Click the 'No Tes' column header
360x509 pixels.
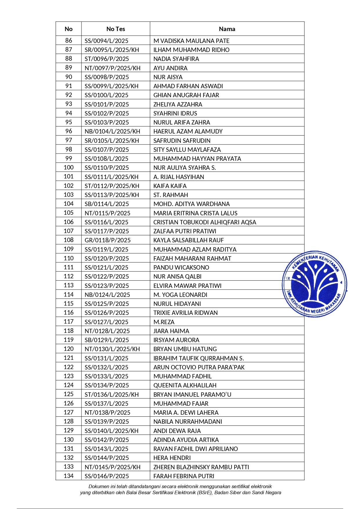pos(115,29)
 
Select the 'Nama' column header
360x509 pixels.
pos(227,29)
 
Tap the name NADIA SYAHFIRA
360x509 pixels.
pos(176,59)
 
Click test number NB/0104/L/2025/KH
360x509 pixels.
pos(112,131)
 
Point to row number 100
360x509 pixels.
pos(68,167)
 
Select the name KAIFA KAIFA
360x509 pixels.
pos(170,186)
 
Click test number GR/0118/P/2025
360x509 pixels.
pos(108,240)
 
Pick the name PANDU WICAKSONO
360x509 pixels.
pos(181,268)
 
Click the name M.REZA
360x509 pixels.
pos(164,322)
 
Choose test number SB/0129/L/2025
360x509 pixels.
pos(106,340)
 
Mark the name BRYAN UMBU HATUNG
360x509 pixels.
pos(185,349)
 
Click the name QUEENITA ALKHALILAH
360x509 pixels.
pos(185,385)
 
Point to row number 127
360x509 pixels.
pos(68,412)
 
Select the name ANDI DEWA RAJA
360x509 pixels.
pos(177,431)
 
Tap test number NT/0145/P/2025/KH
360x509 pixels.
pos(113,467)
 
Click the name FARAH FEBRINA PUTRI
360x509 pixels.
pos(184,476)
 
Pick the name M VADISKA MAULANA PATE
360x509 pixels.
pos(191,41)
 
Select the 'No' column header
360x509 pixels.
pos(68,29)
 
